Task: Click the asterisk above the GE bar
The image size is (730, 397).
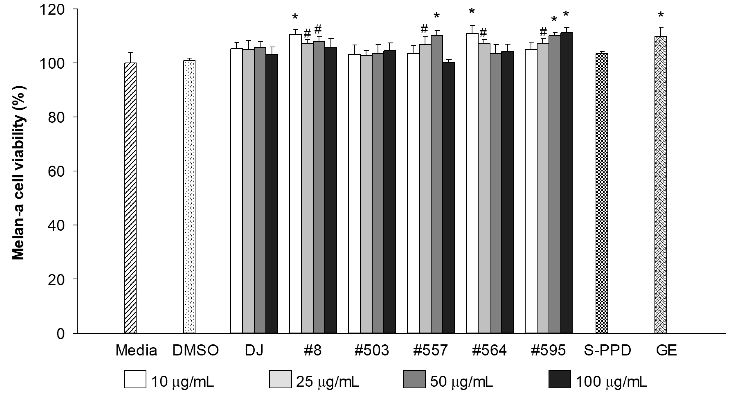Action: coord(661,15)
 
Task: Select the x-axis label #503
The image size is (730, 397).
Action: coord(371,350)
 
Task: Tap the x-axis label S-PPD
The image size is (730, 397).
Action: coord(608,350)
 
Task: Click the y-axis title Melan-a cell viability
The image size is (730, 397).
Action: coord(19,173)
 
